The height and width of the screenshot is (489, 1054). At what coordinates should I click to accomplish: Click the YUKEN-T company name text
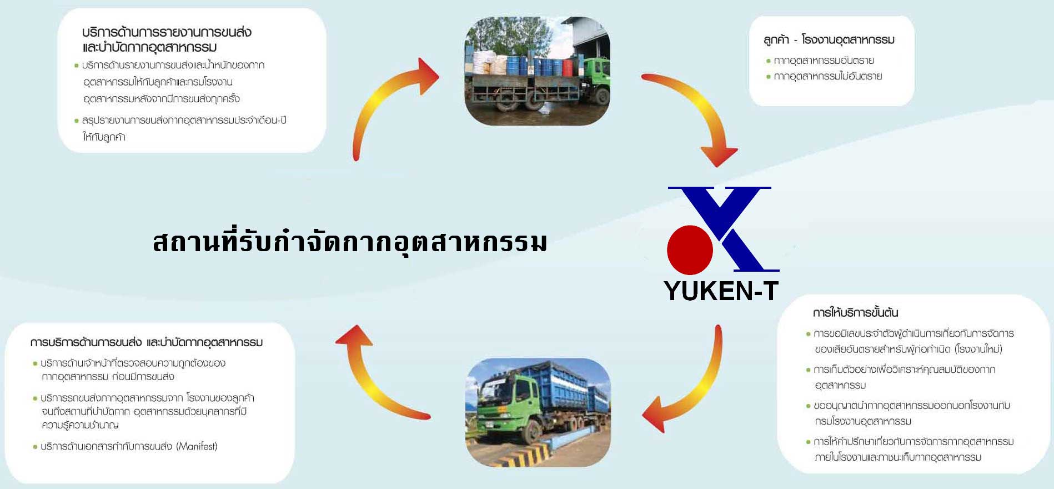tap(721, 291)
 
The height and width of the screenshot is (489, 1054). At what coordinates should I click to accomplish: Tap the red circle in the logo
tap(690, 250)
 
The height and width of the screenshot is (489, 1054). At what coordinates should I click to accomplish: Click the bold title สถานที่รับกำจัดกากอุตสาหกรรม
tap(350, 242)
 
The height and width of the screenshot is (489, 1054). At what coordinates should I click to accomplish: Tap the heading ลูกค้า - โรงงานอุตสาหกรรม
tap(829, 40)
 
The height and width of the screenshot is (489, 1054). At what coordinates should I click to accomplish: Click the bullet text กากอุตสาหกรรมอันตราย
tap(824, 61)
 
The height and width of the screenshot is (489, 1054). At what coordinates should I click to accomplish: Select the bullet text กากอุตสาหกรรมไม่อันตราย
tap(827, 76)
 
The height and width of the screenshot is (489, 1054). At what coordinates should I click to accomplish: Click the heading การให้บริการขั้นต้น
tap(855, 313)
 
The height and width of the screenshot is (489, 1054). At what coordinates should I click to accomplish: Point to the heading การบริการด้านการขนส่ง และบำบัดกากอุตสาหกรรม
tap(147, 342)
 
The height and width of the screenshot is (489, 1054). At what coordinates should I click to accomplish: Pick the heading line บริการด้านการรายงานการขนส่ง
tap(167, 32)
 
